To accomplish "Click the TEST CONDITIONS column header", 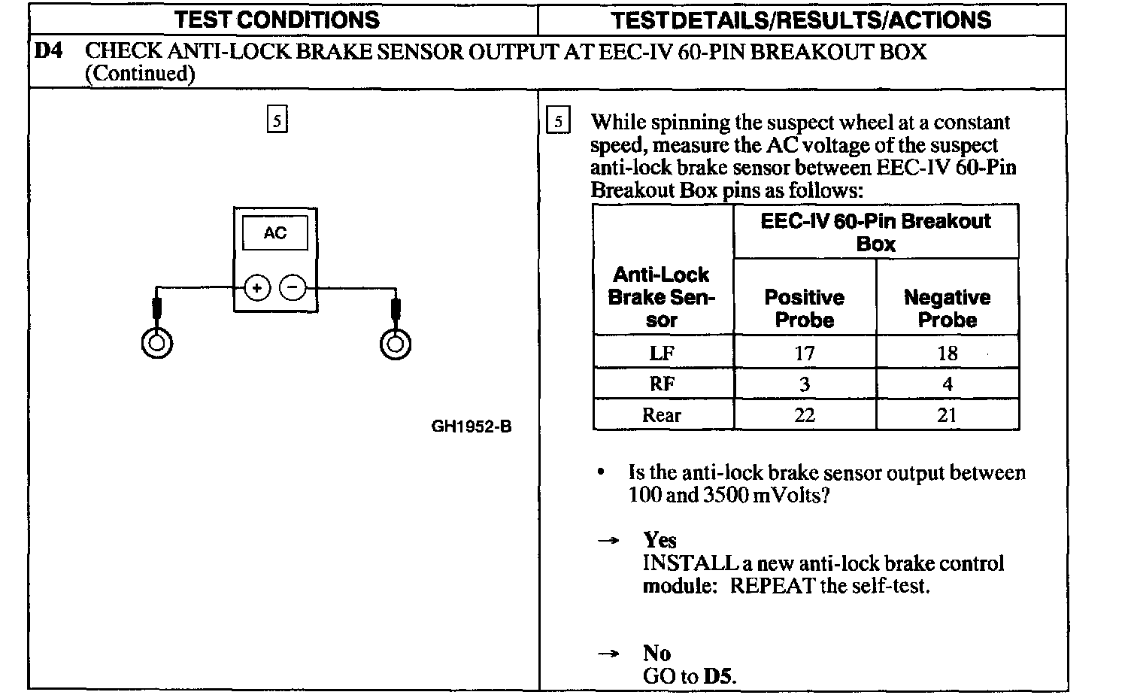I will click(277, 20).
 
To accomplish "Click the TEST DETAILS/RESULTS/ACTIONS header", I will click(801, 20).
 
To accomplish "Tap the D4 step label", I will click(49, 52).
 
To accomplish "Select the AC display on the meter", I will click(274, 233).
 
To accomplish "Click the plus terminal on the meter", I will click(257, 287).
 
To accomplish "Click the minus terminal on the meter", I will click(293, 287).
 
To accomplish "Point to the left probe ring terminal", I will click(156, 343).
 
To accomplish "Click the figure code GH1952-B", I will click(472, 426).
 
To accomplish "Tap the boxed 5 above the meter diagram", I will click(277, 120).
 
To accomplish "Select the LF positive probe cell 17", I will click(805, 353).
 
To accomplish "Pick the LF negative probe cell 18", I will click(948, 353).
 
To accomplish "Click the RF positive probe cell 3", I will click(805, 384).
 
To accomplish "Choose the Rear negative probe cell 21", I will click(948, 415).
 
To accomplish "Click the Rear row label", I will click(662, 415).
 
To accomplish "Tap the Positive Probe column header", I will click(805, 308).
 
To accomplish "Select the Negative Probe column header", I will click(948, 308).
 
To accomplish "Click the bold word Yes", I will click(659, 540).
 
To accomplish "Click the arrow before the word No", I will click(608, 654).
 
